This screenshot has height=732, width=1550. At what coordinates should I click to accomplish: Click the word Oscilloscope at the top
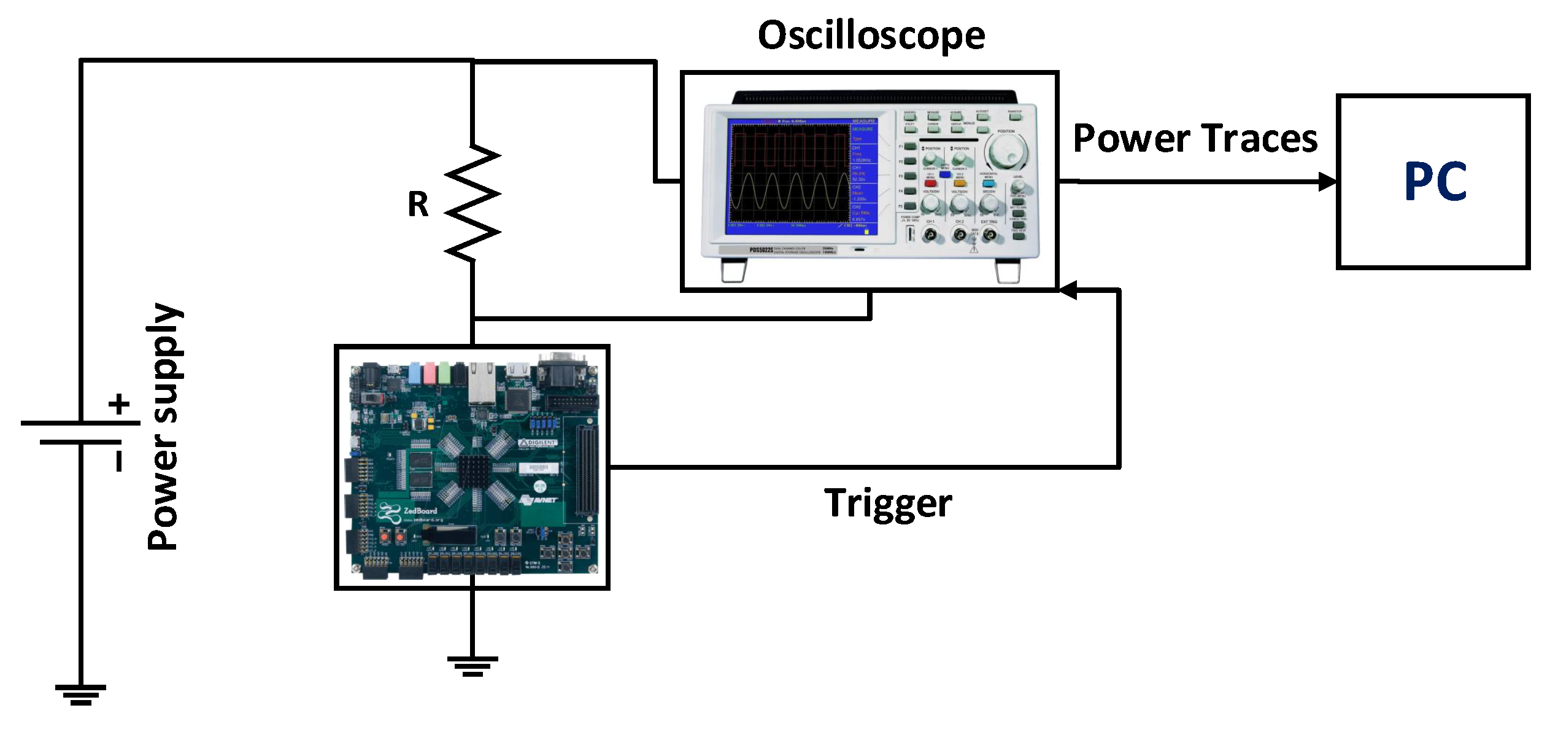[871, 35]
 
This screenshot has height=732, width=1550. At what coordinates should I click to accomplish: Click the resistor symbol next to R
[472, 203]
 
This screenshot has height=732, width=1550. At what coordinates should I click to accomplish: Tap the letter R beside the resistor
[418, 204]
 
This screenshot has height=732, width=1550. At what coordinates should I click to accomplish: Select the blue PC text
[1435, 182]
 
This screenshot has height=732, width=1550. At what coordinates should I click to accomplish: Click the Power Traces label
[1195, 138]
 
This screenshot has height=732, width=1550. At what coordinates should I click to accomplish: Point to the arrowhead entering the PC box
[1328, 182]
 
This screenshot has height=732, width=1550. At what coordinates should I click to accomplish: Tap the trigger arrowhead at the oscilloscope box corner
[1068, 290]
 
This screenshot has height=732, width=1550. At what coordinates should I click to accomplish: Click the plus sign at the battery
[119, 404]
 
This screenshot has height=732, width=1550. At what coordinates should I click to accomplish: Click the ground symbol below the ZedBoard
[472, 666]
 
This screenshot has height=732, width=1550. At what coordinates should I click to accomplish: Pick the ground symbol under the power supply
[80, 695]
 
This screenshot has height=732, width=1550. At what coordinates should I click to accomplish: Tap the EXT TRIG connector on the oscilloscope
[990, 235]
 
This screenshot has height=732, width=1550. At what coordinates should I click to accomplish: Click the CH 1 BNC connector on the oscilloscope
[931, 235]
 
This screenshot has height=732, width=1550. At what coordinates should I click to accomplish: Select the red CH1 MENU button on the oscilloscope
[930, 183]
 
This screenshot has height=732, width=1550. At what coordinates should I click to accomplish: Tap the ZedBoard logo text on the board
[420, 510]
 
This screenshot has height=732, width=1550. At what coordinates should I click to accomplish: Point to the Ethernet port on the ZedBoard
[482, 381]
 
